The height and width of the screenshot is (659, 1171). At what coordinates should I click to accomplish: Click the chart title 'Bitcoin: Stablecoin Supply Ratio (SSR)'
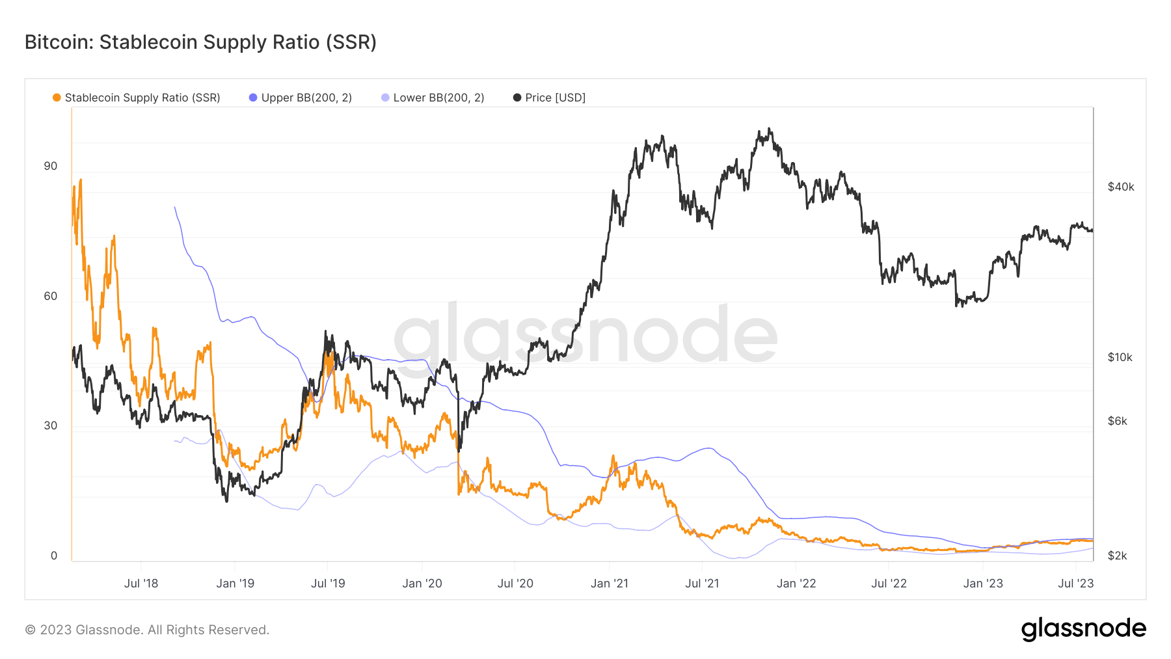(x=200, y=42)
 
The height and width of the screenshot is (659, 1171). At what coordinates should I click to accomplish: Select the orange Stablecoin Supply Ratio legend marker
(x=57, y=98)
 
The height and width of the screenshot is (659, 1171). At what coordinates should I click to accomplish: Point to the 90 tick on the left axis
(x=50, y=166)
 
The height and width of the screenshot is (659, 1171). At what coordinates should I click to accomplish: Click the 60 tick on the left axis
(x=50, y=296)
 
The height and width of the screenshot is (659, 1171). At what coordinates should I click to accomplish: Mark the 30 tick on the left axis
(x=50, y=425)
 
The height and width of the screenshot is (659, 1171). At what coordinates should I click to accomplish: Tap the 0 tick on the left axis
(x=54, y=556)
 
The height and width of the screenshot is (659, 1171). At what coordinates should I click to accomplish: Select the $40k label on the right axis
(x=1120, y=187)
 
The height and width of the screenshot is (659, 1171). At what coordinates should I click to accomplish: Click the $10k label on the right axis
(x=1120, y=357)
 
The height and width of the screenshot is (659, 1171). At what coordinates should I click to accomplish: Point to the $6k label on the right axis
(x=1117, y=421)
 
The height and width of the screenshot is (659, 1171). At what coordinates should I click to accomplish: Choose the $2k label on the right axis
(x=1117, y=556)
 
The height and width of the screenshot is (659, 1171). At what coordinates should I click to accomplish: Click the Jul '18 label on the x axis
(x=141, y=584)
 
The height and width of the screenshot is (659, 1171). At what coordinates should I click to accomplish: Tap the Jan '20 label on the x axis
(x=422, y=584)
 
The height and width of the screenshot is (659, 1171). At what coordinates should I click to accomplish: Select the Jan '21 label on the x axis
(x=609, y=584)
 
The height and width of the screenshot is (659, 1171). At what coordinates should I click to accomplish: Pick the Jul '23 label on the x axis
(x=1075, y=584)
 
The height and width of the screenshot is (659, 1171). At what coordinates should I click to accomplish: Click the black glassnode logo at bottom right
(x=1083, y=629)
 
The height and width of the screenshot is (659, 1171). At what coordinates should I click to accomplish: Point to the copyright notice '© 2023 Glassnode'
(x=147, y=630)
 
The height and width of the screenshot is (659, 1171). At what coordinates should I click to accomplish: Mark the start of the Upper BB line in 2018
(x=174, y=208)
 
